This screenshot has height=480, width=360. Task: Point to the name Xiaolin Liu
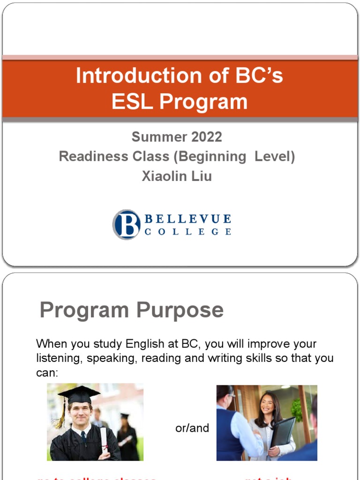point(177,176)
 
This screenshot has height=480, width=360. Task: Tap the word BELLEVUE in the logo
point(187,219)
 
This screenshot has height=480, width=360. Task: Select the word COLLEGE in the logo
point(187,232)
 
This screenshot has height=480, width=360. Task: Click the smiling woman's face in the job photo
point(267,405)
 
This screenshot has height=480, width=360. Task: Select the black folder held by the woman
point(283,431)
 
